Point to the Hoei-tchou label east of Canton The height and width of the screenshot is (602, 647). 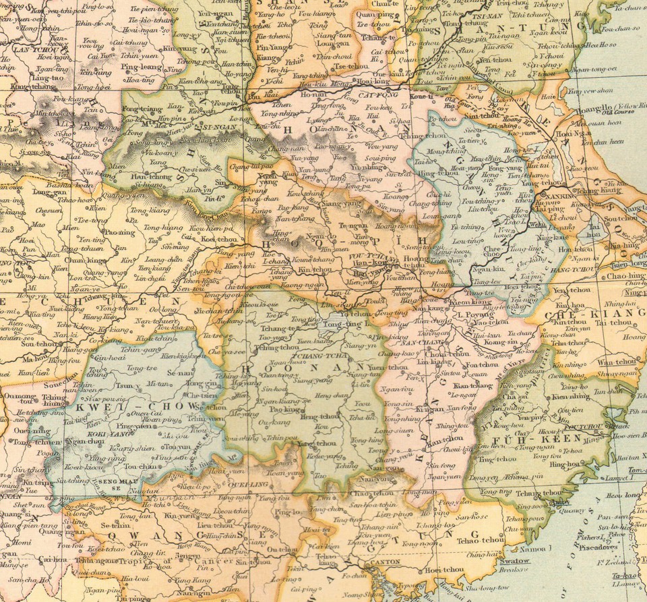tap(444, 569)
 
